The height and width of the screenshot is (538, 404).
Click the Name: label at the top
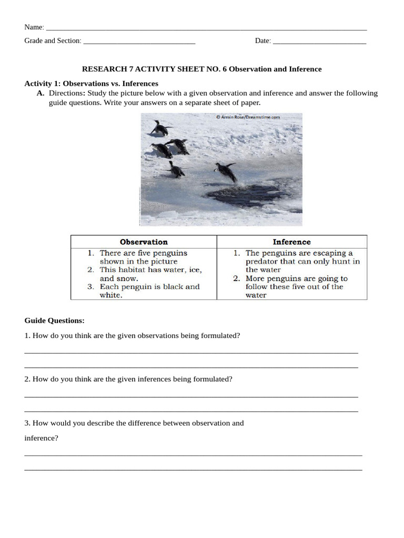(x=34, y=27)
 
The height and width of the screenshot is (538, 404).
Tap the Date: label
(x=262, y=41)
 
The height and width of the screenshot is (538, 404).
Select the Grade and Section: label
(x=53, y=41)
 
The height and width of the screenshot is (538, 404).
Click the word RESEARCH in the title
(x=102, y=69)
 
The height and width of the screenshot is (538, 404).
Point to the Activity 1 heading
(x=91, y=84)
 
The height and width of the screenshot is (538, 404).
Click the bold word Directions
(x=67, y=94)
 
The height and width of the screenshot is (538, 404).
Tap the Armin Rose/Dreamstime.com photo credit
(x=248, y=118)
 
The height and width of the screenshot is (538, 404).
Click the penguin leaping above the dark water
(x=226, y=171)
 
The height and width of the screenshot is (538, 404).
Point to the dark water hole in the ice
(x=247, y=195)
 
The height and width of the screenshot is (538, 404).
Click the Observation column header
(x=144, y=242)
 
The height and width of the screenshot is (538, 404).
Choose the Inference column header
(x=291, y=242)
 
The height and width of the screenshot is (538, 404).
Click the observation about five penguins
(x=143, y=257)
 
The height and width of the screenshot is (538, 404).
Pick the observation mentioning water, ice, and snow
(x=150, y=274)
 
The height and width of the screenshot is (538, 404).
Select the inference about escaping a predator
(x=302, y=262)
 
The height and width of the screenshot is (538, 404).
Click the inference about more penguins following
(x=296, y=287)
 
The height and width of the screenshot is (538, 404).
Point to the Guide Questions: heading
(x=54, y=320)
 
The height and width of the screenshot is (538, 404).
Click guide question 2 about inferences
(x=128, y=379)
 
